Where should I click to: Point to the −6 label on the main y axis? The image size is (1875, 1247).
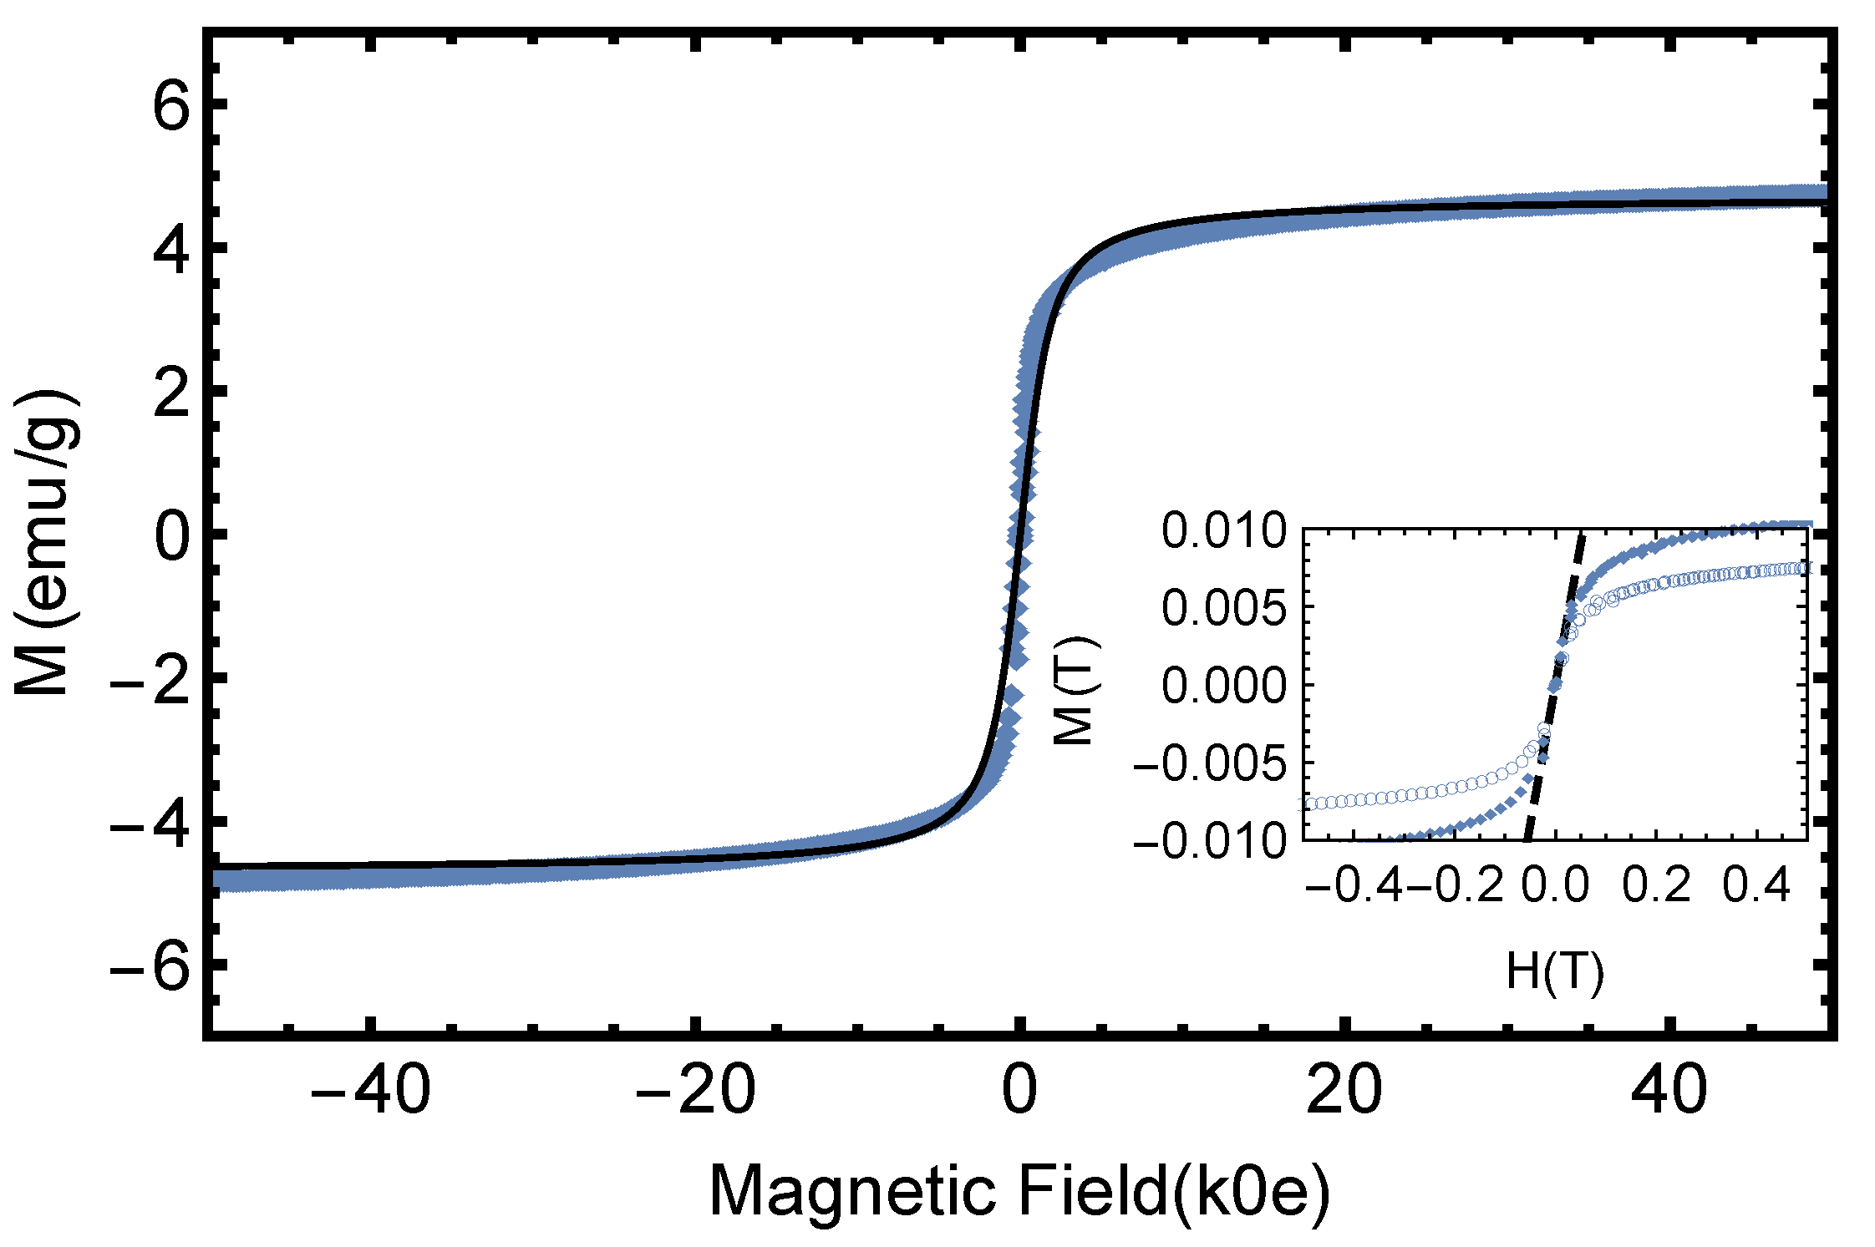tap(150, 969)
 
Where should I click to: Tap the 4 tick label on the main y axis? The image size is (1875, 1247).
tap(171, 249)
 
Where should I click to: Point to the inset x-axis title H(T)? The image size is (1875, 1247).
tap(1555, 971)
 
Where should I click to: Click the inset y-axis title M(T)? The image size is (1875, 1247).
tap(1075, 690)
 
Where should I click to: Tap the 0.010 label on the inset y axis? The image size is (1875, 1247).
tap(1224, 531)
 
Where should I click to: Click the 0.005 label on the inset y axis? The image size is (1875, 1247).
tap(1224, 608)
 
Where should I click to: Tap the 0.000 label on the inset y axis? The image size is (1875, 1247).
tap(1224, 686)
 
